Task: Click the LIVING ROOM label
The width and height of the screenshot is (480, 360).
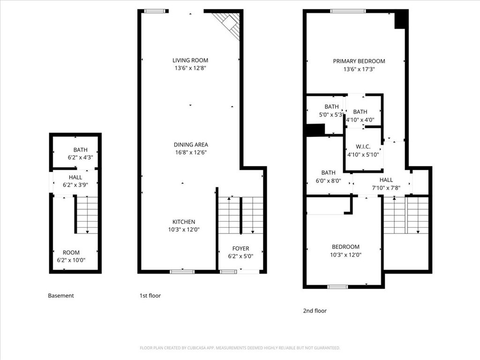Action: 190,60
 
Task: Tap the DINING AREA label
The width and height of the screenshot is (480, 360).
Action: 191,144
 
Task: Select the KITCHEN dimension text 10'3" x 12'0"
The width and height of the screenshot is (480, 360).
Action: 184,229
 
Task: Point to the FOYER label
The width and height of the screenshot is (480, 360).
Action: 240,248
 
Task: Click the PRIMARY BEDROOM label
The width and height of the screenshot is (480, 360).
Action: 359,61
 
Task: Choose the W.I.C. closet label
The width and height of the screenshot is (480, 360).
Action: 363,147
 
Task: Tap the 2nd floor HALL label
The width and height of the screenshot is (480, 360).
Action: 386,180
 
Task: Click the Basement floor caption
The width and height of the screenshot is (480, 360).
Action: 61,295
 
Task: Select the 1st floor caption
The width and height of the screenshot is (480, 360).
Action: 150,295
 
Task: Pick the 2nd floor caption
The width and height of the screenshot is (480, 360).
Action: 315,311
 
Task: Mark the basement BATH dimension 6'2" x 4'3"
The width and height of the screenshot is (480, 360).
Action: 80,157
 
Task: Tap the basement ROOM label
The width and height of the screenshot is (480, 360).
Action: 71,253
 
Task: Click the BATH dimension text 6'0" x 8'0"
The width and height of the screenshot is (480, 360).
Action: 328,180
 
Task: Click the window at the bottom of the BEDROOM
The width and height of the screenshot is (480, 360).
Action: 337,287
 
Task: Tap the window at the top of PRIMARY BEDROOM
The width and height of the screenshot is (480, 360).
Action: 348,11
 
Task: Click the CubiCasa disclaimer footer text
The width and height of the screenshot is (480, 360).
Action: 240,348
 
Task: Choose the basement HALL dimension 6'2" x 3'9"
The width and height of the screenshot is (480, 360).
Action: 75,185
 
